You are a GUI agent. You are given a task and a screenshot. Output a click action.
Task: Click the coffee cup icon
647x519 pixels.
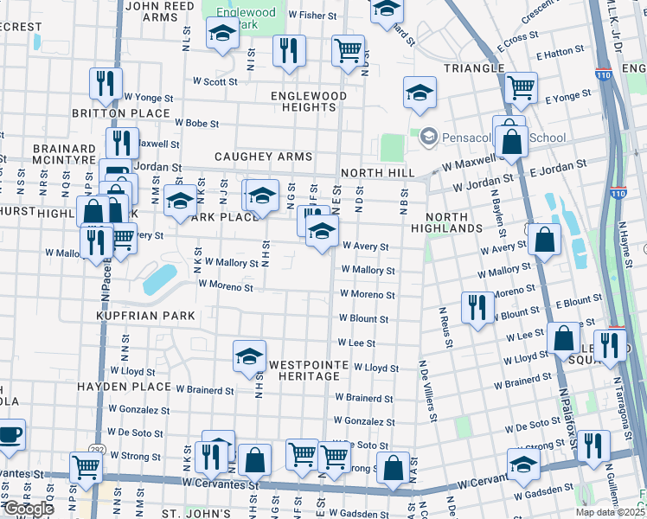click(10, 433)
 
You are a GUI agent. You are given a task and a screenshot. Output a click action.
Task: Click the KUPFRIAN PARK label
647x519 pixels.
click(146, 316)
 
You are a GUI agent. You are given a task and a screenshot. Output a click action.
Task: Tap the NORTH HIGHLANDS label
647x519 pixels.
click(453, 221)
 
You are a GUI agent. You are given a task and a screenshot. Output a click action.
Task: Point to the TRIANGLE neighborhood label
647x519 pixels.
click(473, 67)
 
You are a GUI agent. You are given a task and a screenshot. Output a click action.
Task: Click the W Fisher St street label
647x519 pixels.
click(312, 16)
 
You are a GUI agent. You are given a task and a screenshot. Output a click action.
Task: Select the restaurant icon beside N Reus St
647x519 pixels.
click(477, 306)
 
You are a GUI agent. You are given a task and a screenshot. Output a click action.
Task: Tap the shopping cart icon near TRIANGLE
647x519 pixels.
click(522, 86)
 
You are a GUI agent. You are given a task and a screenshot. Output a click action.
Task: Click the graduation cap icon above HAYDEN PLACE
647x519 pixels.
click(249, 356)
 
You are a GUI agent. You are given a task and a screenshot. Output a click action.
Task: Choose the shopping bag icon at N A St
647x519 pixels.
click(394, 467)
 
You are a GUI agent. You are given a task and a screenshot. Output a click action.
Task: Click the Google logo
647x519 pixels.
click(29, 508)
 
